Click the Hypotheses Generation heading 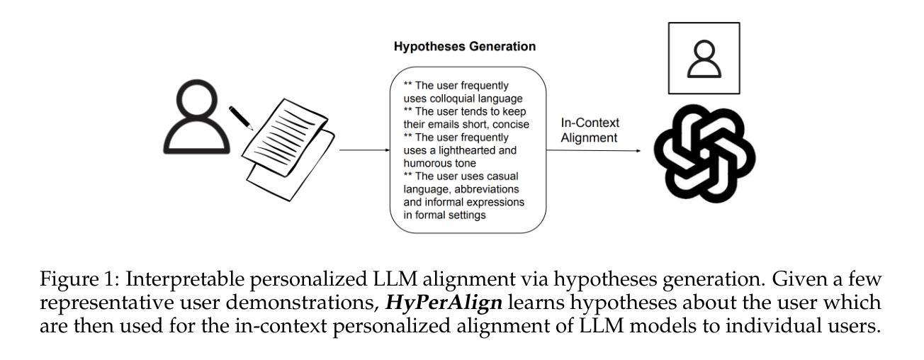pyautogui.click(x=464, y=46)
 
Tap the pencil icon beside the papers pyautogui.click(x=241, y=118)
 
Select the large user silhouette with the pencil pyautogui.click(x=197, y=117)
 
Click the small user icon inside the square pyautogui.click(x=704, y=59)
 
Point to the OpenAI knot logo pyautogui.click(x=704, y=153)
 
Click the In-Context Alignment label pyautogui.click(x=590, y=130)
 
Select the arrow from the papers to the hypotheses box pyautogui.click(x=365, y=150)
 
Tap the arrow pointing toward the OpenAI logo pyautogui.click(x=594, y=150)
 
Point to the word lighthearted pyautogui.click(x=467, y=150)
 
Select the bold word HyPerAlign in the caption pyautogui.click(x=444, y=303)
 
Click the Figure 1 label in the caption pyautogui.click(x=79, y=279)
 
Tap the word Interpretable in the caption pyautogui.click(x=185, y=280)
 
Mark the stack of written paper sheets pyautogui.click(x=288, y=150)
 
